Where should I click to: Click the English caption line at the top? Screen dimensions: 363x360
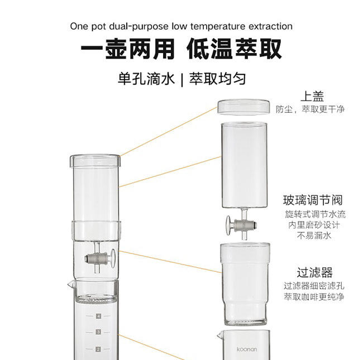click(x=181, y=26)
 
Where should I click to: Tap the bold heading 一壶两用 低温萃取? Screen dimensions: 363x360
click(x=181, y=50)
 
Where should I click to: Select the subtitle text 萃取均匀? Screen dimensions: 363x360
click(x=218, y=79)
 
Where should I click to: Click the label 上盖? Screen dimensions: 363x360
click(x=312, y=96)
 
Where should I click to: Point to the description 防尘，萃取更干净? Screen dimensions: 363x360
click(x=310, y=109)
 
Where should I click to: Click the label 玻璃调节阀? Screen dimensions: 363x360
click(x=313, y=200)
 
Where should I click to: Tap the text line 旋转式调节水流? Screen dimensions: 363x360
click(x=313, y=214)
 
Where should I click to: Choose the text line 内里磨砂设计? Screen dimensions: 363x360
click(x=313, y=225)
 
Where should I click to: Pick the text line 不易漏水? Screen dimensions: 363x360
click(x=313, y=236)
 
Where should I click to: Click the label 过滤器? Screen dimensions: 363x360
click(x=314, y=272)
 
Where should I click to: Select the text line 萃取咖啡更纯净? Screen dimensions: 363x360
click(x=313, y=296)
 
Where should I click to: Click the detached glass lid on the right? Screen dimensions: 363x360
click(x=244, y=107)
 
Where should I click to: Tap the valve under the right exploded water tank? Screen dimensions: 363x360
click(x=241, y=224)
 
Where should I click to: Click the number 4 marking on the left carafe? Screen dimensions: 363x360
click(x=98, y=316)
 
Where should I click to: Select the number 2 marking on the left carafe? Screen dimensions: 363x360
click(x=98, y=349)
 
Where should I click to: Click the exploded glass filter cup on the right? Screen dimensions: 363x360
click(x=244, y=285)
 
